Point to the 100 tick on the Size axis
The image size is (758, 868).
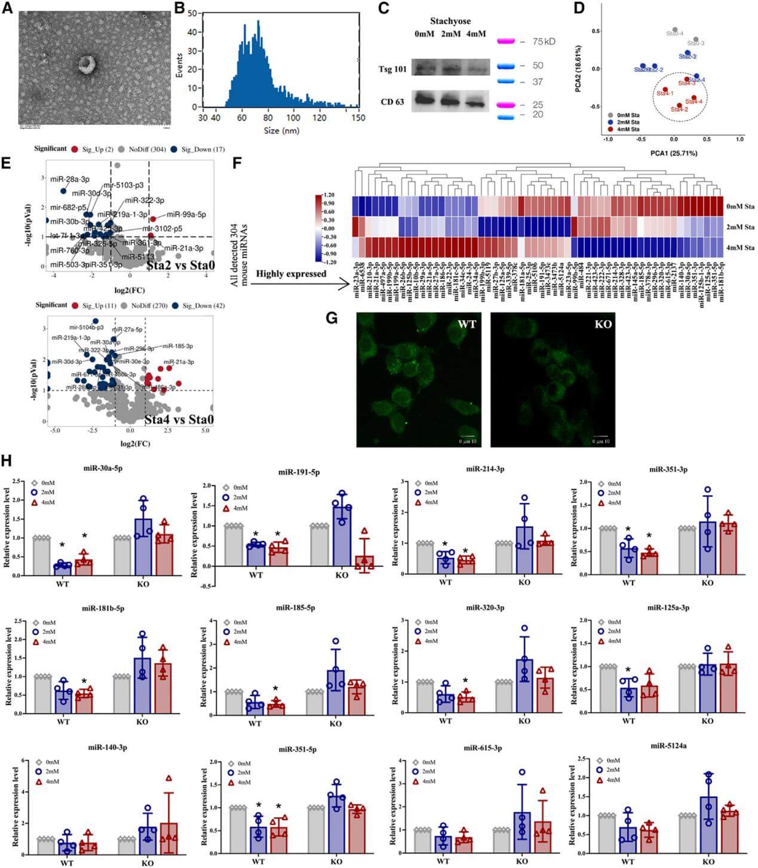pyautogui.click(x=293, y=117)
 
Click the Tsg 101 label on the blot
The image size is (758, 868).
pyautogui.click(x=392, y=69)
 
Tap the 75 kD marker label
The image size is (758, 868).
pyautogui.click(x=544, y=42)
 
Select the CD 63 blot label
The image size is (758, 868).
pyautogui.click(x=392, y=102)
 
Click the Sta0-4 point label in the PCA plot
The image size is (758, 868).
pyautogui.click(x=674, y=33)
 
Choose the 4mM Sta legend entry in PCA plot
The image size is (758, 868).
pyautogui.click(x=627, y=129)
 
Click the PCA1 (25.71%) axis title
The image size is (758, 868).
pyautogui.click(x=673, y=154)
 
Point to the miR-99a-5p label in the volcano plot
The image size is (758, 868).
pyautogui.click(x=186, y=214)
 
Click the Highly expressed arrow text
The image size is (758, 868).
pyautogui.click(x=291, y=274)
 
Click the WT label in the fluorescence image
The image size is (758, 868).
pyautogui.click(x=467, y=324)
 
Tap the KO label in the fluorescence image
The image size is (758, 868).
pyautogui.click(x=603, y=324)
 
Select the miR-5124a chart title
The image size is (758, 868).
pyautogui.click(x=668, y=746)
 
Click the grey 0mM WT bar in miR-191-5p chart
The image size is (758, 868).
pyautogui.click(x=234, y=546)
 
